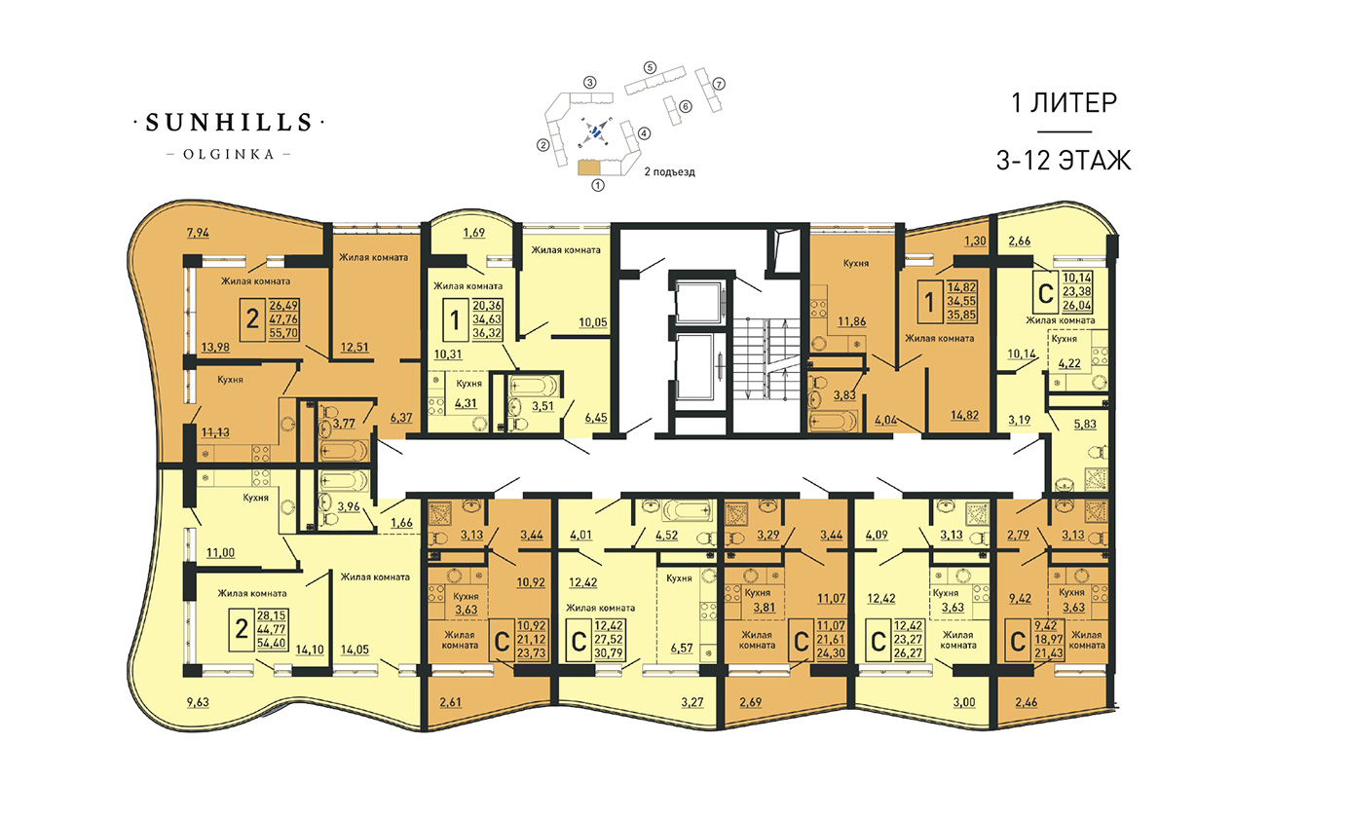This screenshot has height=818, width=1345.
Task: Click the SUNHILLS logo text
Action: click(x=229, y=123)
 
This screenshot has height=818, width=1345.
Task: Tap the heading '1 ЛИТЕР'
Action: click(x=1064, y=102)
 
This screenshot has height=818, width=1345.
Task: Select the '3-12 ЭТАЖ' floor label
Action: click(x=1064, y=161)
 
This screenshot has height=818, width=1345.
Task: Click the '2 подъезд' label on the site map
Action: click(x=669, y=171)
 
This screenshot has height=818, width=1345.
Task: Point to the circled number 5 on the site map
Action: click(x=650, y=68)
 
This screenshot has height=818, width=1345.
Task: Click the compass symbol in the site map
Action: click(x=594, y=131)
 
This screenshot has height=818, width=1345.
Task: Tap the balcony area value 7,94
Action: click(x=198, y=233)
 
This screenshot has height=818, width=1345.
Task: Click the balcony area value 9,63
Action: click(x=198, y=702)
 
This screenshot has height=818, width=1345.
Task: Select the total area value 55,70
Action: click(x=283, y=332)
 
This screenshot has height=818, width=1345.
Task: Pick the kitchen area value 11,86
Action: click(x=852, y=321)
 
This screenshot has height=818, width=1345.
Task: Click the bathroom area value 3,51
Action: click(x=542, y=406)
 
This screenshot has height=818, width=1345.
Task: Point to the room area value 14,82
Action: click(x=964, y=415)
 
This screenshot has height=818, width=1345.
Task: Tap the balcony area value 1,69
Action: click(x=473, y=233)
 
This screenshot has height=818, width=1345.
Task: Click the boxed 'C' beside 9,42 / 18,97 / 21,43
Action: click(x=1018, y=642)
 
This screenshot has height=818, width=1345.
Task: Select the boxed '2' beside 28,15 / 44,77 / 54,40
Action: click(x=242, y=629)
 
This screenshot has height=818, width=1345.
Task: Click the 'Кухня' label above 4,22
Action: click(x=1065, y=339)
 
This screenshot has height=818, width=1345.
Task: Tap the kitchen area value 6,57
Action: click(x=682, y=648)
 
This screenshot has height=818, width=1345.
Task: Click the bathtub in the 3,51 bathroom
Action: click(x=534, y=385)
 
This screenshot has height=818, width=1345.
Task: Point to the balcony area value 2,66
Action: click(x=1020, y=241)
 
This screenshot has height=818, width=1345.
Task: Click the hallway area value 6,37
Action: click(x=401, y=418)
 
